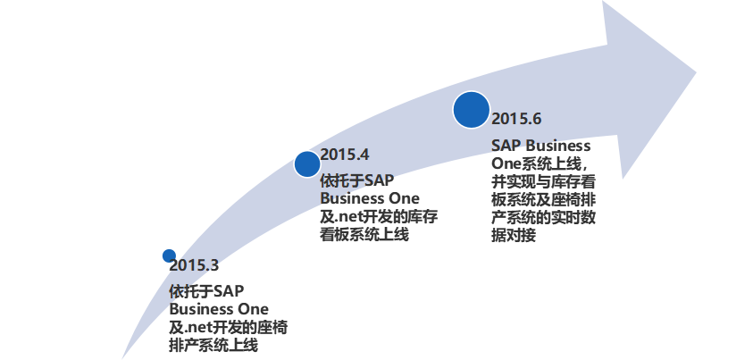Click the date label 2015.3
pyautogui.click(x=194, y=265)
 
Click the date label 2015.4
pyautogui.click(x=345, y=153)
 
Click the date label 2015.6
pyautogui.click(x=516, y=118)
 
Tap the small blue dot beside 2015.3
pyautogui.click(x=169, y=255)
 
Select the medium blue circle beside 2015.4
pyautogui.click(x=307, y=163)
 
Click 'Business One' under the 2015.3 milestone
pyautogui.click(x=219, y=309)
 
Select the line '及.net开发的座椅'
pyautogui.click(x=228, y=327)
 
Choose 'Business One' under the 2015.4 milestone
pyautogui.click(x=370, y=197)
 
